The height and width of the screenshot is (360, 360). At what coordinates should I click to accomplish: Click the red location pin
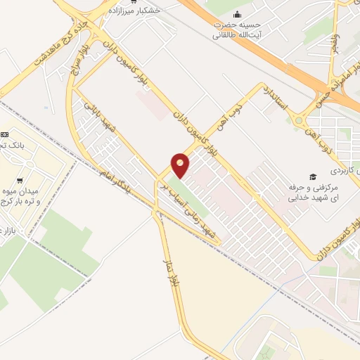pyautogui.click(x=180, y=166)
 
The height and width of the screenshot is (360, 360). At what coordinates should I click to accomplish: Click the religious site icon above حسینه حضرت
pyautogui.click(x=237, y=14)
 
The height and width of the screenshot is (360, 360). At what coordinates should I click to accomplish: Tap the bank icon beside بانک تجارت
pyautogui.click(x=6, y=134)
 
